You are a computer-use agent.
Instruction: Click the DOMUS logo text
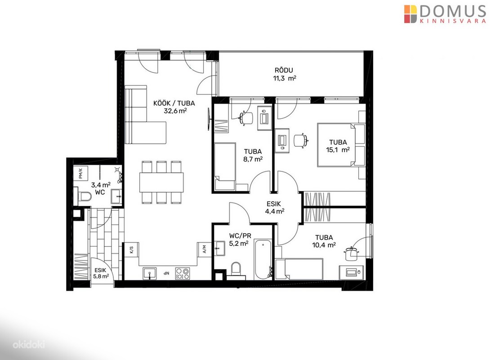[452, 11]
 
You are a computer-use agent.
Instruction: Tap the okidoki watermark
[28, 345]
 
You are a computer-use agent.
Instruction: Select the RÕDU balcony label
[284, 70]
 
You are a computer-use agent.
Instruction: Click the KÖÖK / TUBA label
[174, 103]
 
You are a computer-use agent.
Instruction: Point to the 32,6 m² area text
[175, 111]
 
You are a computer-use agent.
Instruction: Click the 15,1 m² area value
[338, 150]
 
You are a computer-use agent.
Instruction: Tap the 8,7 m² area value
[253, 159]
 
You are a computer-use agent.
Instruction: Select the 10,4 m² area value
[324, 245]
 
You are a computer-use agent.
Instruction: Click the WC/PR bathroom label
[240, 236]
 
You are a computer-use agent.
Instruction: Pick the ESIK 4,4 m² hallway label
[274, 207]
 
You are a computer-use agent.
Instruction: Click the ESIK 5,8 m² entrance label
[101, 273]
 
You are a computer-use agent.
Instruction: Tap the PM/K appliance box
[80, 173]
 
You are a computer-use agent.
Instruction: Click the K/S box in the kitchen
[131, 250]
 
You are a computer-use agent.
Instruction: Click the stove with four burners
[182, 274]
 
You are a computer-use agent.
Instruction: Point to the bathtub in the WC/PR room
[263, 260]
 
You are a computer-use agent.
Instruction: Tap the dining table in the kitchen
[161, 182]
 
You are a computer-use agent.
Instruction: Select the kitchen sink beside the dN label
[150, 274]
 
